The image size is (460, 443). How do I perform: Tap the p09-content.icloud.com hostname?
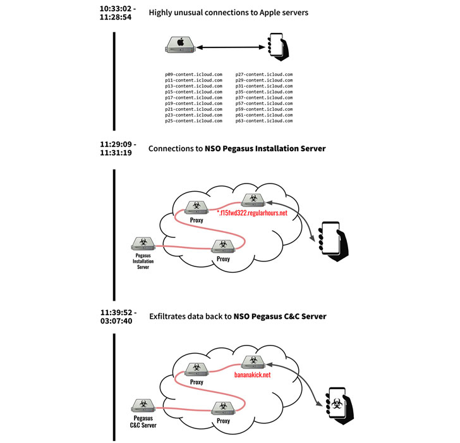click(x=193, y=75)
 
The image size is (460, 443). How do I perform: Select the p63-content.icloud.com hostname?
click(x=263, y=120)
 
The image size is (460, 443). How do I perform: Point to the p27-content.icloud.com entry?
click(x=263, y=75)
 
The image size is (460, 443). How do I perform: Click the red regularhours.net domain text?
click(x=253, y=213)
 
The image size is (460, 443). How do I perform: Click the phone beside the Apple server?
click(x=276, y=46)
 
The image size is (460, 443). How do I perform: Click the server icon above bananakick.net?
click(x=253, y=361)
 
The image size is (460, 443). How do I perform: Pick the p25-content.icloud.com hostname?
click(x=193, y=120)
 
